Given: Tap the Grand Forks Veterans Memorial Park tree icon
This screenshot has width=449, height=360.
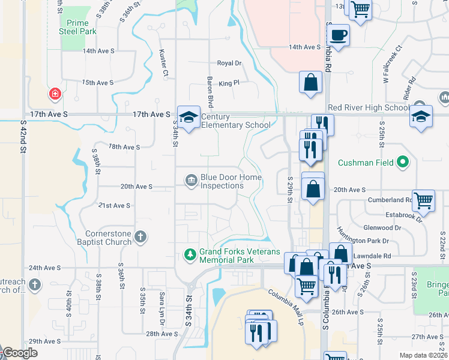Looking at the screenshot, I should [190, 255].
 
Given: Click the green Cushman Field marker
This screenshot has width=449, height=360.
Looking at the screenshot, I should [404, 162].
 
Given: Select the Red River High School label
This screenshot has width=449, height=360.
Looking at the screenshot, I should [369, 108].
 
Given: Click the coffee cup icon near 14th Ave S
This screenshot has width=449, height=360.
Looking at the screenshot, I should [339, 35].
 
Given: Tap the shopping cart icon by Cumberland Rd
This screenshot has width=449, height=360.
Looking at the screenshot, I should [424, 202].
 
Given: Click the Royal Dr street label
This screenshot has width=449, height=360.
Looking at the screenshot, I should [229, 63].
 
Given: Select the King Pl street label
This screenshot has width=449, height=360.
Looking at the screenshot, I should [229, 83].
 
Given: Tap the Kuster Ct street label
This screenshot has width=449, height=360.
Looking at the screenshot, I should [163, 63].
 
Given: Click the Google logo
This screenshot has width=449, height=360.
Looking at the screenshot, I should [20, 353].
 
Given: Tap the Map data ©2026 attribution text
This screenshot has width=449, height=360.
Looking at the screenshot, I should [423, 355].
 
